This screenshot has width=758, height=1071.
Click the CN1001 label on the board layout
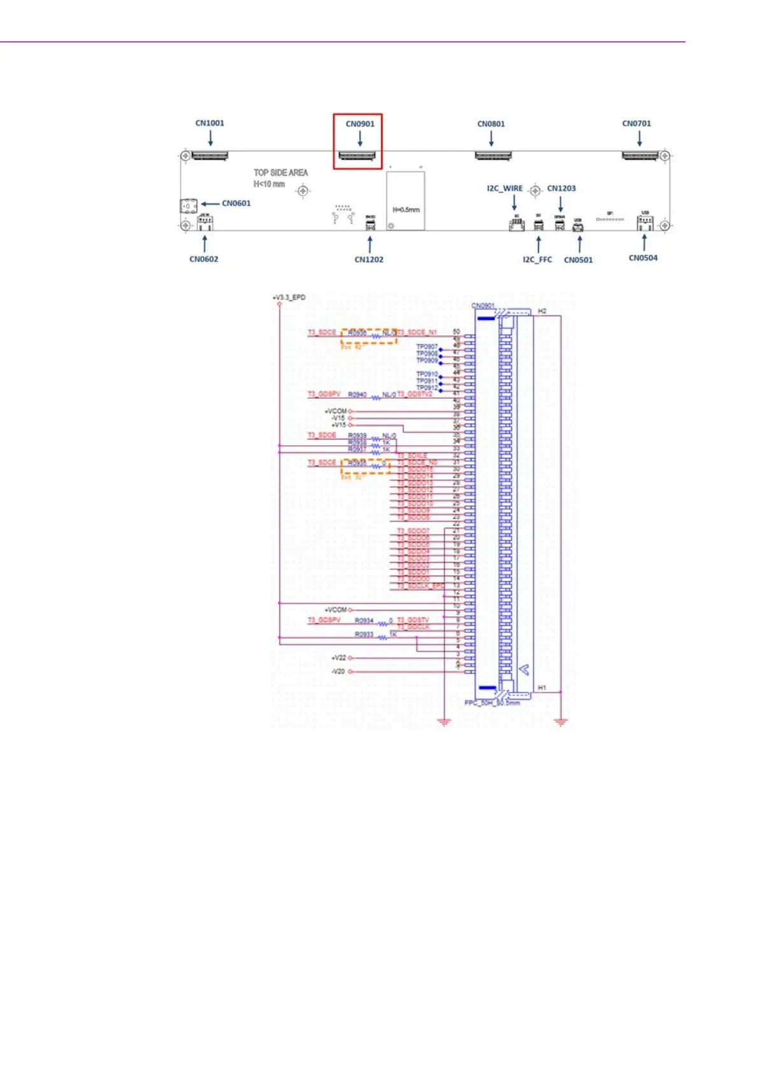[x=209, y=123]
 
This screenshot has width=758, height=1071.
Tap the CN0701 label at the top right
[x=636, y=123]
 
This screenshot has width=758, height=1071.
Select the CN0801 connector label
[x=491, y=124]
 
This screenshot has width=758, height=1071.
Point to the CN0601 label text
[x=236, y=204]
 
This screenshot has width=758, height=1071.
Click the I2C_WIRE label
[x=505, y=188]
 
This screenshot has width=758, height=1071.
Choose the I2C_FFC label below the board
[x=537, y=259]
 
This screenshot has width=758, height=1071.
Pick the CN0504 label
[x=643, y=258]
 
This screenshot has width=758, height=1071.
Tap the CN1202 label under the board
[x=368, y=259]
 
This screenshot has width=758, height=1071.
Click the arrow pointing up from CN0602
[x=204, y=244]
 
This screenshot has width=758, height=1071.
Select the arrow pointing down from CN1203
[x=561, y=203]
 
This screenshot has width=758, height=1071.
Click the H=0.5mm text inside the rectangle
[x=405, y=210]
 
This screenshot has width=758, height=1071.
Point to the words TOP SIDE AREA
[x=281, y=172]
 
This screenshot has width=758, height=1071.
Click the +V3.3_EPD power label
[x=289, y=297]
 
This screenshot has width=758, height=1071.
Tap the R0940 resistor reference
[x=357, y=395]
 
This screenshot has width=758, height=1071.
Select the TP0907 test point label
[x=427, y=347]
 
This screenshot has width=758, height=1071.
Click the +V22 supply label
[x=339, y=658]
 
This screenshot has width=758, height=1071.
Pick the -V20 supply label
[x=338, y=672]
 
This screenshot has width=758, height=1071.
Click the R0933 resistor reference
[x=364, y=635]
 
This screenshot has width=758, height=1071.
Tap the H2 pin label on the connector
[x=542, y=311]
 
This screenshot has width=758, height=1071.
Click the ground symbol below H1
[x=561, y=722]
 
